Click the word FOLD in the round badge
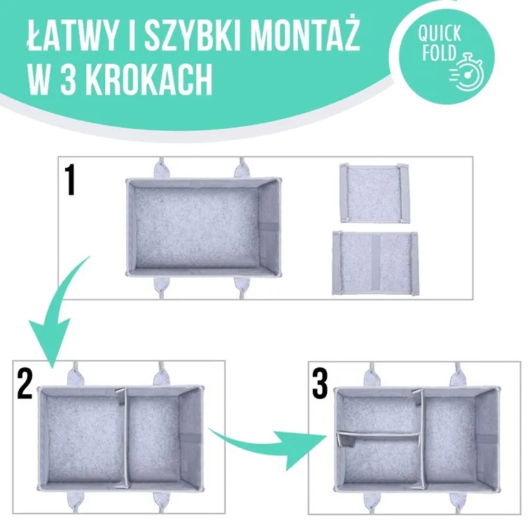click(x=437, y=52)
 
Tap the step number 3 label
click(x=320, y=384)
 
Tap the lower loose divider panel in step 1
click(x=374, y=262)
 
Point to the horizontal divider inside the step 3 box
click(x=378, y=437)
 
